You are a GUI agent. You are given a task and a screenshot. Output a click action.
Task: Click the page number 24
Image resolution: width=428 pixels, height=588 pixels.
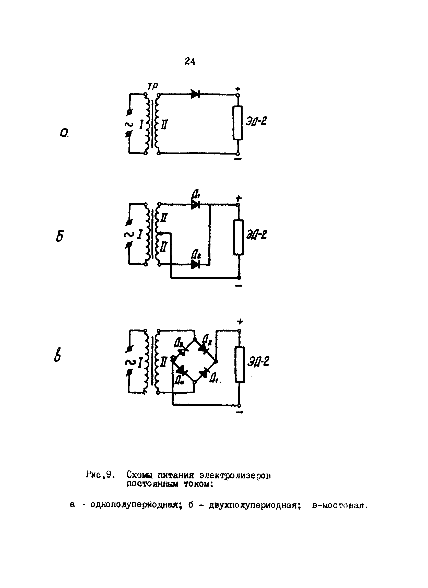[190, 61]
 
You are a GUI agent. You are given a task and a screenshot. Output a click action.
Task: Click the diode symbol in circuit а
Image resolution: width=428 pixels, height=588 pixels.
[195, 94]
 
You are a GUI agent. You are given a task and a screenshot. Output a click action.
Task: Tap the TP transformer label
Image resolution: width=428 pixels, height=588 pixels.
[153, 86]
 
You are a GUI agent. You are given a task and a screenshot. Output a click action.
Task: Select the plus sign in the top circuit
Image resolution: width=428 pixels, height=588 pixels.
[238, 89]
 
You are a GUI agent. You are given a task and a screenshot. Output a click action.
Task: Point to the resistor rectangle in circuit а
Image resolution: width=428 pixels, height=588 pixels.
[238, 123]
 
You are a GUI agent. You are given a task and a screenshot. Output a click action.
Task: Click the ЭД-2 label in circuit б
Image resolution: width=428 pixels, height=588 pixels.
[256, 235]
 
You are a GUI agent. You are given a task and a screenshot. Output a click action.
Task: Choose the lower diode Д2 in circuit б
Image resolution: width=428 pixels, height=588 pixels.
[195, 264]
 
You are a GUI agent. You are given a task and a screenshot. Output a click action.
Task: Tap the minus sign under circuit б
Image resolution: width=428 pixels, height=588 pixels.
[239, 286]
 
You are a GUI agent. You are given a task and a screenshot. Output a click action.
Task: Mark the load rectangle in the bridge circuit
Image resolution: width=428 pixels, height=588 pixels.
[240, 365]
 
